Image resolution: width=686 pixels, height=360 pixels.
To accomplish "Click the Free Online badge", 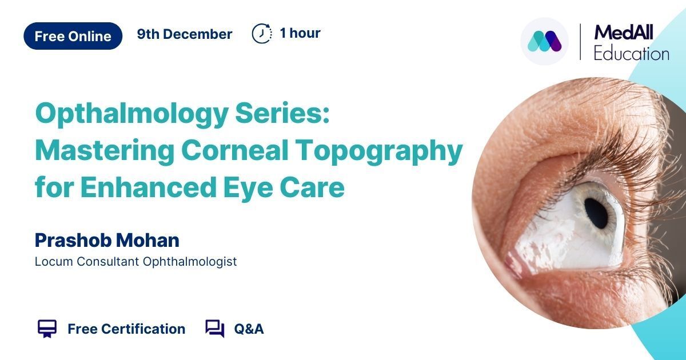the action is click(x=73, y=36).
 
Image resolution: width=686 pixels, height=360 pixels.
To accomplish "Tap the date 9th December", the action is click(x=184, y=34).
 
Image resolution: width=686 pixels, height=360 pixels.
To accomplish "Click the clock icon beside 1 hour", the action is click(x=262, y=33).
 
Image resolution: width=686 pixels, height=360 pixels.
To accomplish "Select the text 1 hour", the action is click(x=300, y=33).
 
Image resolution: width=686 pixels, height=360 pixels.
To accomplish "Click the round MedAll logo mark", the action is click(x=544, y=41).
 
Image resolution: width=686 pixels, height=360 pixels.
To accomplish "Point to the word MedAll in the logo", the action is click(x=624, y=32).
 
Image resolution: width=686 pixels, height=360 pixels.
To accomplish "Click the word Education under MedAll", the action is click(x=632, y=54).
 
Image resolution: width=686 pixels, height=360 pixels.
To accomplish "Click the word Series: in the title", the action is click(x=282, y=113).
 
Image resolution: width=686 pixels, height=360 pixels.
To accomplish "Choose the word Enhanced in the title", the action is click(x=149, y=187).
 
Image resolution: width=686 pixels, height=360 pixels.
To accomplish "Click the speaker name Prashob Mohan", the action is click(x=107, y=241).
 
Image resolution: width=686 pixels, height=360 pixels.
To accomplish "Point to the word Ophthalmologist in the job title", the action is click(x=190, y=262).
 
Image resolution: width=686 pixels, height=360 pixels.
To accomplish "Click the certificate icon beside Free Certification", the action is click(x=47, y=329).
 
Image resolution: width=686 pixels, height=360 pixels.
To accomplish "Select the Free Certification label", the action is click(x=126, y=329).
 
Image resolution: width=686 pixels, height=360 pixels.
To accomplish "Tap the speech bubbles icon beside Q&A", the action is click(x=215, y=329).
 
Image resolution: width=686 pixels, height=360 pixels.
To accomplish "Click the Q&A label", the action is click(x=249, y=329).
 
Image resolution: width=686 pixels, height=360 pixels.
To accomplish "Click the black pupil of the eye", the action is click(x=596, y=213).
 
